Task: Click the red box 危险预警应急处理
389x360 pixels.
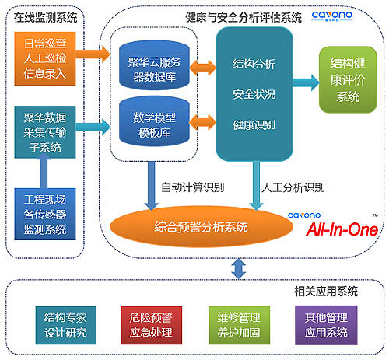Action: pyautogui.click(x=149, y=325)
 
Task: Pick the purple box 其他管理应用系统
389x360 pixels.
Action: pyautogui.click(x=321, y=325)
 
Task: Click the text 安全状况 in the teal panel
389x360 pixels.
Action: pyautogui.click(x=253, y=93)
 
